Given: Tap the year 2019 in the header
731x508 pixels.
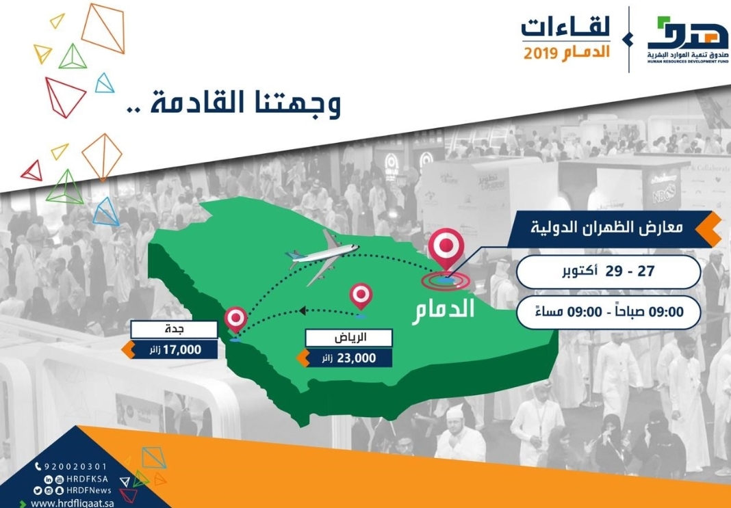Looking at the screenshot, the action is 541,53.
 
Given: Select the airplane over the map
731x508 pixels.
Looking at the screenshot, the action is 322,256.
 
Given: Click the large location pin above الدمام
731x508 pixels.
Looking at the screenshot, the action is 446,248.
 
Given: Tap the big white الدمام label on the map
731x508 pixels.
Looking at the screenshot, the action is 443,311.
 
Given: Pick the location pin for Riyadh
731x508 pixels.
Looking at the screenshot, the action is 361,296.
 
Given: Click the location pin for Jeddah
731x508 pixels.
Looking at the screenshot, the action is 235,319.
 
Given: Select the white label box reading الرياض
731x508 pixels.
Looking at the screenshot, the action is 348,338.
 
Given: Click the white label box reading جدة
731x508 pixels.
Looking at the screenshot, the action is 174,329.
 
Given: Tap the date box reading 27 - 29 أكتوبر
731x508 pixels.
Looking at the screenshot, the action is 608,272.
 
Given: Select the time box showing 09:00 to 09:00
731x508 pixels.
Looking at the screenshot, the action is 608,312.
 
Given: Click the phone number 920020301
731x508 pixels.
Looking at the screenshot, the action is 75,466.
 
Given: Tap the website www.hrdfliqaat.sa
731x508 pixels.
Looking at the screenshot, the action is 73,503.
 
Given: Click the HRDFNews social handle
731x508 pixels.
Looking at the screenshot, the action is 88,490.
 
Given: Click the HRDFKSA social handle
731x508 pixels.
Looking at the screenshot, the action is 87,479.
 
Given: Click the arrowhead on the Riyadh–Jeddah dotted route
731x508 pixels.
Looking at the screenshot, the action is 302,310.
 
